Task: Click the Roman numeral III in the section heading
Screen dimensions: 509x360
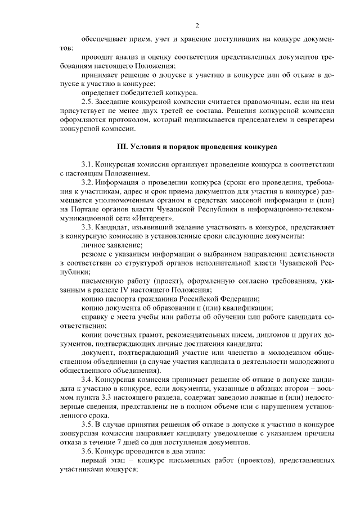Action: coord(121,147)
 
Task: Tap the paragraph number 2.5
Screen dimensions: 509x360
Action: coord(87,102)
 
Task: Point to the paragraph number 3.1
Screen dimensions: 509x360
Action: coord(87,164)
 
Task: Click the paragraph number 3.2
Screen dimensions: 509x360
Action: coord(87,183)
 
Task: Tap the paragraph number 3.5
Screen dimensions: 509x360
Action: coord(87,424)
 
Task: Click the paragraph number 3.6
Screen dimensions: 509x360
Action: coord(87,451)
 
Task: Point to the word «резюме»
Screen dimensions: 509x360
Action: coord(93,254)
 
